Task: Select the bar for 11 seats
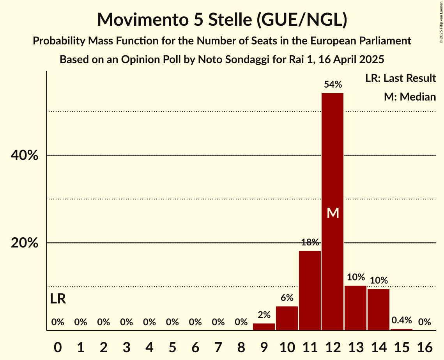tap(310, 290)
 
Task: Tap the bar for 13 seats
tap(356, 308)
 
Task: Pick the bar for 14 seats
tap(379, 309)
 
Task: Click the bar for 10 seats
tap(287, 318)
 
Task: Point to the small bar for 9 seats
tap(264, 326)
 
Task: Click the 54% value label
tap(333, 85)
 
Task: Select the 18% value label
tap(310, 242)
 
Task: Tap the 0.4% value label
tap(402, 320)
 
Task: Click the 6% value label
tap(287, 298)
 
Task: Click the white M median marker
tap(333, 213)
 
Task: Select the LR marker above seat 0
tap(58, 299)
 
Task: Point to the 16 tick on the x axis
tap(425, 346)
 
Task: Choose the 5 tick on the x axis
tap(172, 346)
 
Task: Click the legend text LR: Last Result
tap(400, 78)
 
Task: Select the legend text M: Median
tap(410, 97)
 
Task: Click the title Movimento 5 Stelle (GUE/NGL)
tap(222, 19)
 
